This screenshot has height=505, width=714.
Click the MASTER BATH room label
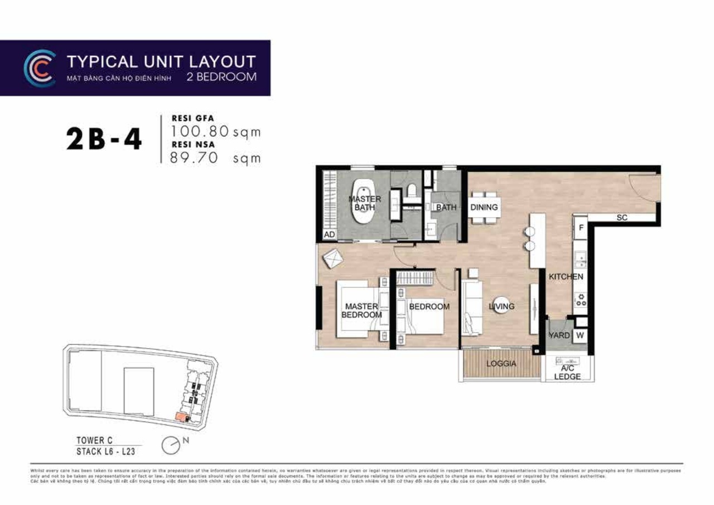click(365, 203)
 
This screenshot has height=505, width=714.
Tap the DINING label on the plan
click(484, 208)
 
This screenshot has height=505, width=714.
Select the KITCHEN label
click(566, 277)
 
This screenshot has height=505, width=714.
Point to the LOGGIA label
click(501, 364)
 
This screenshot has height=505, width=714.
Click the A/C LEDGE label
click(567, 372)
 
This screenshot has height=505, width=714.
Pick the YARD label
click(559, 335)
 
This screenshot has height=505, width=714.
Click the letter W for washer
click(580, 335)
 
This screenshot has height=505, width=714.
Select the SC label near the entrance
click(622, 218)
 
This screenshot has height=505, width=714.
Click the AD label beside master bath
click(329, 235)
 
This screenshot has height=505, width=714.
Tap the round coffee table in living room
click(501, 305)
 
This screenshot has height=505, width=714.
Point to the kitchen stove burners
click(581, 300)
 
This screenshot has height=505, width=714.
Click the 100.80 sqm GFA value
click(215, 132)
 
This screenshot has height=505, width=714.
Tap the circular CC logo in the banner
click(39, 68)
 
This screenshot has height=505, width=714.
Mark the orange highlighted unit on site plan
click(181, 416)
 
